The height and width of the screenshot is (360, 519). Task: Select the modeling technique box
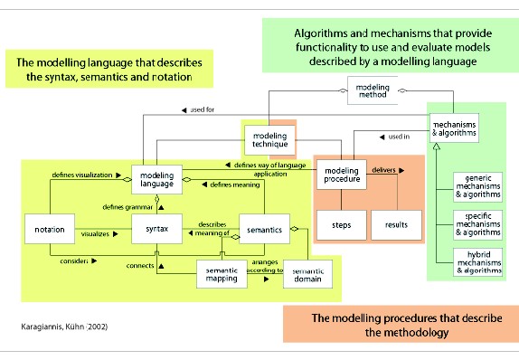point(268,138)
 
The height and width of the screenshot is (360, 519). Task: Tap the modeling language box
point(157,177)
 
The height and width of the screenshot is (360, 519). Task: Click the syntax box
point(157,230)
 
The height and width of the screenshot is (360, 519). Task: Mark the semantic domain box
point(307,272)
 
